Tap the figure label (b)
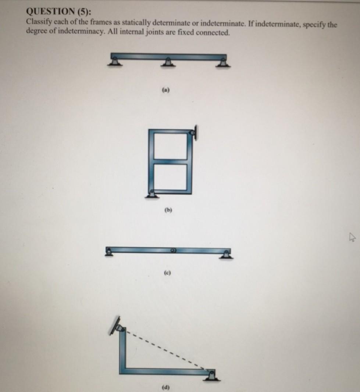coord(169,211)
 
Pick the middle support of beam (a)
coord(168,62)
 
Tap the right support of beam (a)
coord(221,62)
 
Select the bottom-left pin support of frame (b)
coord(151,194)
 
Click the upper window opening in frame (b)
coord(170,146)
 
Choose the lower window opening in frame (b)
coord(170,177)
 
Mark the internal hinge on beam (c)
coord(173,250)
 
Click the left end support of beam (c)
coord(109,251)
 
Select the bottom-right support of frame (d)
coord(211,375)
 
